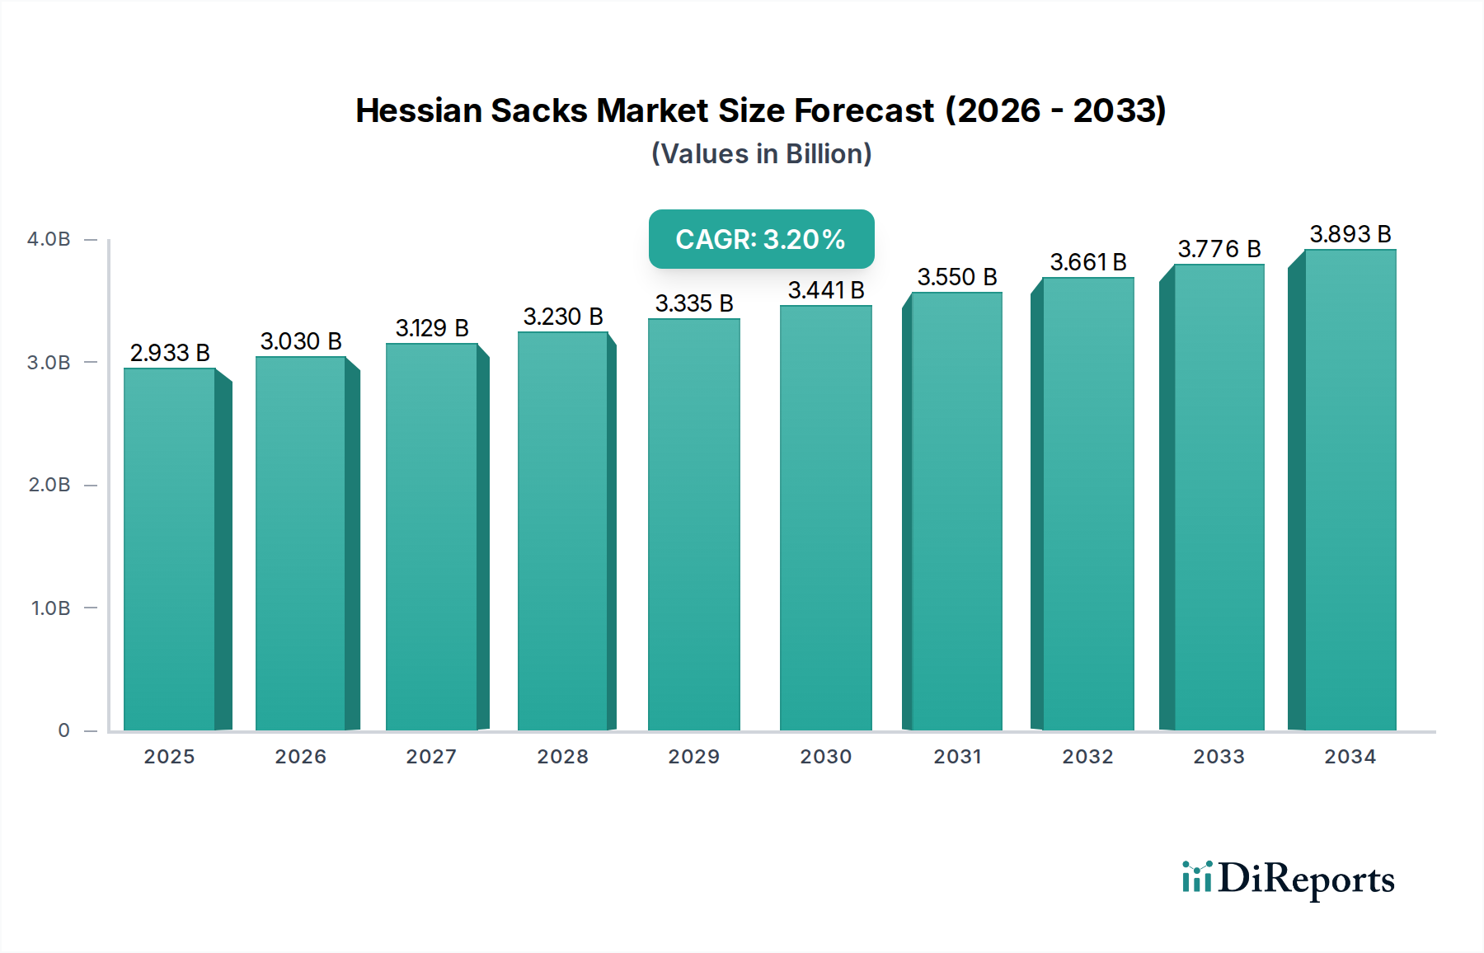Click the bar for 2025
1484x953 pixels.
[x=169, y=548]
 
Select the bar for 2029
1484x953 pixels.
[x=693, y=524]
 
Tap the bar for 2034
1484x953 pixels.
[x=1350, y=490]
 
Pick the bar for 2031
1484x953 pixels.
[x=956, y=511]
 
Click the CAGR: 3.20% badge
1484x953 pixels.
[x=761, y=239]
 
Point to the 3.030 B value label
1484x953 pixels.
[x=301, y=341]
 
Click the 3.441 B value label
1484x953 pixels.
[x=825, y=290]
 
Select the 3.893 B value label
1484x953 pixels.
[x=1350, y=234]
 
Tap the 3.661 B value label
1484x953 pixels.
[x=1087, y=262]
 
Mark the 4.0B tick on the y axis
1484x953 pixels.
[x=49, y=239]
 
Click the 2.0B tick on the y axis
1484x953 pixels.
[x=49, y=485]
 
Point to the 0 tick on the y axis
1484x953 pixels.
[x=63, y=730]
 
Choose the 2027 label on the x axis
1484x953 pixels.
[x=431, y=757]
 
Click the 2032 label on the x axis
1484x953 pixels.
[x=1087, y=757]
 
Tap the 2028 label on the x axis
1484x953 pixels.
[x=562, y=757]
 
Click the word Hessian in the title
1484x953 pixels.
[x=418, y=110]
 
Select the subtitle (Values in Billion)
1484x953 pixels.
[x=761, y=154]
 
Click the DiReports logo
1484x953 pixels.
[x=1288, y=880]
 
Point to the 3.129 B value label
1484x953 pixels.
[x=431, y=328]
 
